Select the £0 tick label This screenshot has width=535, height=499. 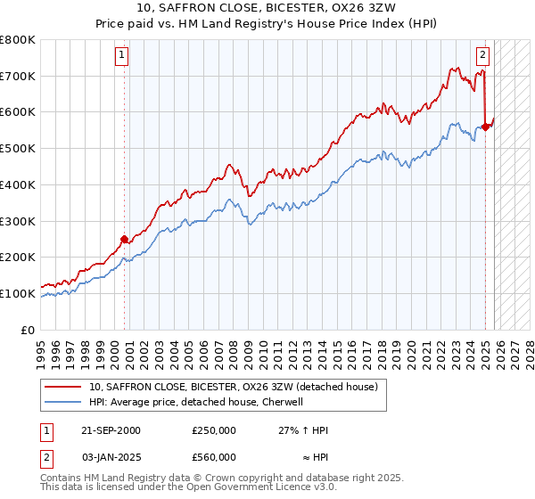[x=29, y=330]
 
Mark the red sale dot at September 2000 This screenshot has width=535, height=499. [x=125, y=238]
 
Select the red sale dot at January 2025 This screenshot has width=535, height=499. [x=486, y=127]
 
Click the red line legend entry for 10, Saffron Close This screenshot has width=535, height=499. [x=234, y=387]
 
